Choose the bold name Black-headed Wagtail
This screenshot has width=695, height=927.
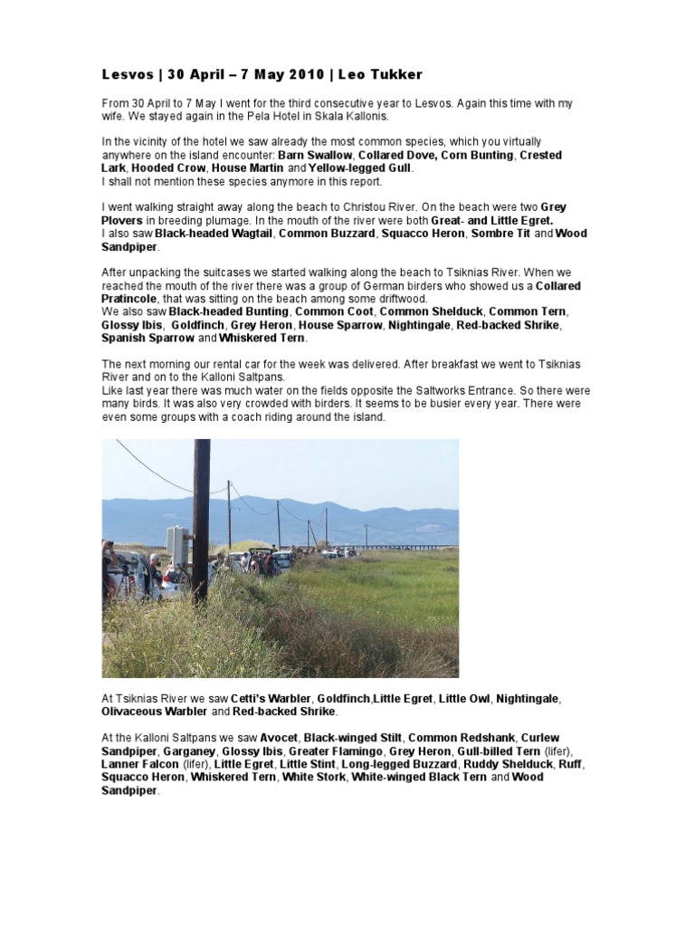pos(214,234)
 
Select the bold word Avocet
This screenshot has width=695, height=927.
pos(277,738)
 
